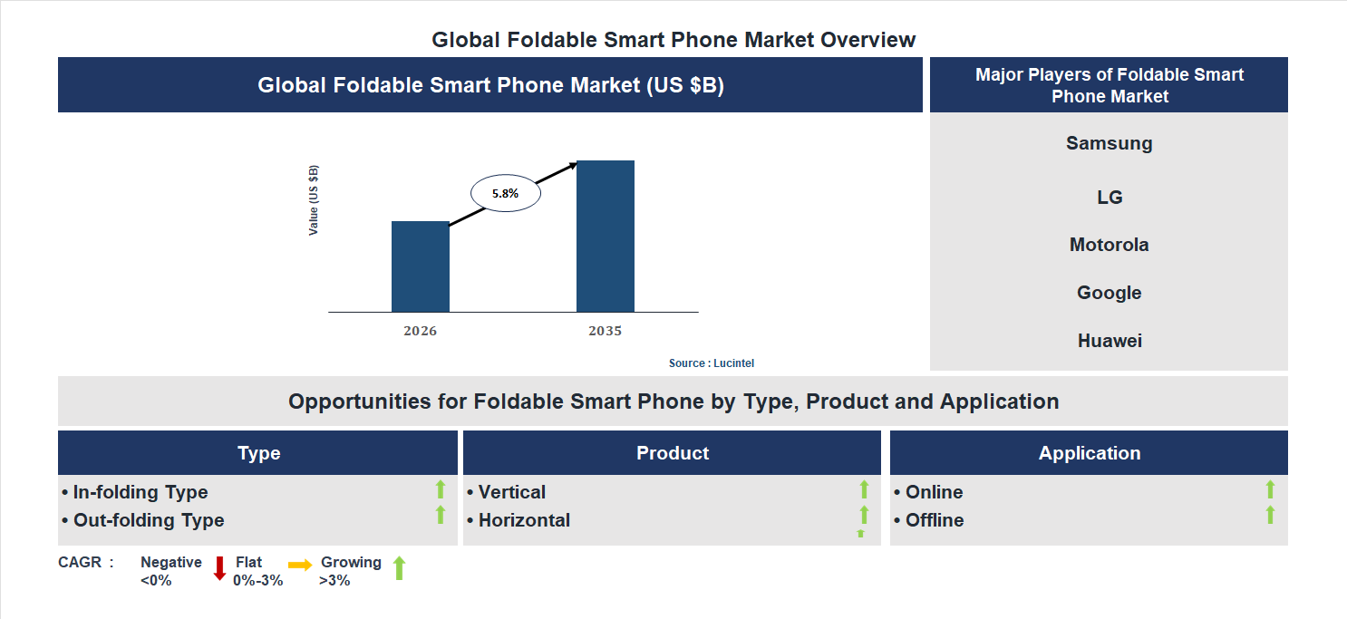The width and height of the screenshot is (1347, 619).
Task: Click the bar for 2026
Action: click(420, 266)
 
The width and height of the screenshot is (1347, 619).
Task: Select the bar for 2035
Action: click(605, 237)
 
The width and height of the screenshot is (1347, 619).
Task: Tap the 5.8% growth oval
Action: click(505, 193)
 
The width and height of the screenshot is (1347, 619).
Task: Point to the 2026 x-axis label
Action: click(420, 331)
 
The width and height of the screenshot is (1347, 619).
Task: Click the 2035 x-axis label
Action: click(605, 331)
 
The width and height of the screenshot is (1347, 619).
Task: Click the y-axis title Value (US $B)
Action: click(314, 200)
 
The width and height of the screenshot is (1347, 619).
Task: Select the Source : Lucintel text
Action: click(711, 363)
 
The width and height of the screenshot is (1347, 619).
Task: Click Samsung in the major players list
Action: click(1109, 143)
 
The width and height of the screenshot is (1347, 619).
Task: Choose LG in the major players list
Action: click(1109, 198)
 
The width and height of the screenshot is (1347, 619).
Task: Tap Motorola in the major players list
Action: click(1109, 245)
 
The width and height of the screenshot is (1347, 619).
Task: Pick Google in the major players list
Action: click(1109, 293)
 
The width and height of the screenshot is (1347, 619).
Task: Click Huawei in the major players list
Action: click(1109, 341)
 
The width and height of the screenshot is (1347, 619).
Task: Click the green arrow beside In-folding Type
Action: click(441, 489)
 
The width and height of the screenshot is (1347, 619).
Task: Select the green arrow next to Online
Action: click(1270, 489)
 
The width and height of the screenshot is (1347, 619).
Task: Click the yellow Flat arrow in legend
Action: click(300, 564)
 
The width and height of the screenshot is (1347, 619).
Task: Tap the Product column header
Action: click(672, 453)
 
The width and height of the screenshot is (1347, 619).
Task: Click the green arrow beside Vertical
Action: click(864, 489)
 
